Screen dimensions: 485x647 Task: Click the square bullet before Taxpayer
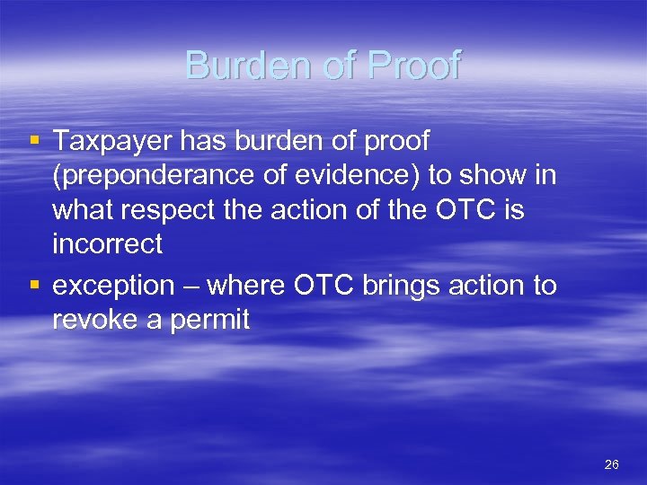[35, 140]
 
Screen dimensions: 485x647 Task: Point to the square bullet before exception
[35, 286]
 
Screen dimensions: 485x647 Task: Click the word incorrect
[108, 243]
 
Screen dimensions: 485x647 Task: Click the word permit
[216, 320]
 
